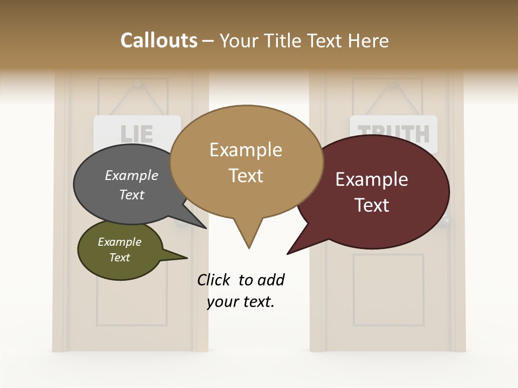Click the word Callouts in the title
(159, 40)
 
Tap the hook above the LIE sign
(138, 83)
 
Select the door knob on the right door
(446, 221)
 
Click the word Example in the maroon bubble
(372, 179)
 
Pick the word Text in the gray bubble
(132, 195)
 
